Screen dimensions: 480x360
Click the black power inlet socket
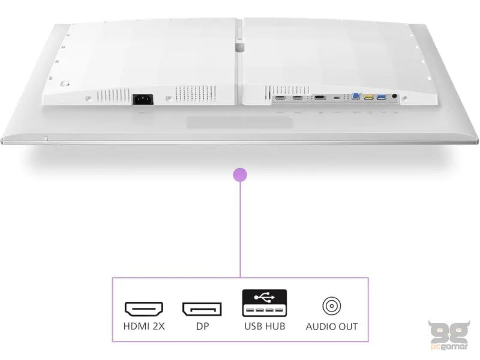[x=143, y=100]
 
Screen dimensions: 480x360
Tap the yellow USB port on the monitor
[x=368, y=97]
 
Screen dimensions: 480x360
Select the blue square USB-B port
[x=356, y=96]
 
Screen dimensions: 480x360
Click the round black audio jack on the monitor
[x=394, y=96]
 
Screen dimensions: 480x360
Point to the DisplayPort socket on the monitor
[x=320, y=98]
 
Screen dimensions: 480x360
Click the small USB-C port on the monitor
[x=337, y=98]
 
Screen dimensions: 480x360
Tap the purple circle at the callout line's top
[x=240, y=175]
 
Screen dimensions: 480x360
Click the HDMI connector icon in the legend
[x=144, y=309]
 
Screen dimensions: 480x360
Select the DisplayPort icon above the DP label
[x=202, y=309]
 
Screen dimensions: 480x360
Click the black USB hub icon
[x=265, y=303]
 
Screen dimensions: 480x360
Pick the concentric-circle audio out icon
[x=332, y=306]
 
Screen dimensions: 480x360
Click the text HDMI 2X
[x=144, y=326]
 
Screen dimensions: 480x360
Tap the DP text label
[x=202, y=326]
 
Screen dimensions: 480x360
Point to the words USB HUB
[x=265, y=326]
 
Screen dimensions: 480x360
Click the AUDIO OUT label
[x=332, y=326]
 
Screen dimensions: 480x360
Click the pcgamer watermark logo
[x=449, y=335]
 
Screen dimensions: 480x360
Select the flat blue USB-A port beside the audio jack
[x=382, y=97]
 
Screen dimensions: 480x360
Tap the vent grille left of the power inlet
[x=113, y=96]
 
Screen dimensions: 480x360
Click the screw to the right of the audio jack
[x=404, y=98]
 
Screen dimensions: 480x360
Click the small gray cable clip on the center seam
[x=239, y=47]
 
